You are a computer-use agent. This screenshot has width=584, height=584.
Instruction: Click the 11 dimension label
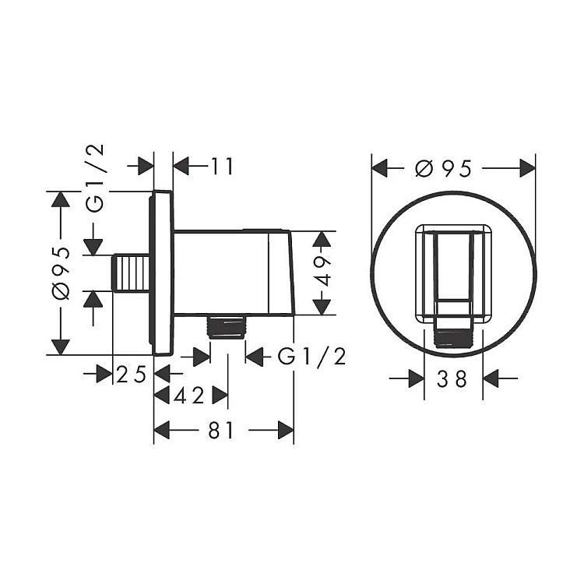pyautogui.click(x=222, y=166)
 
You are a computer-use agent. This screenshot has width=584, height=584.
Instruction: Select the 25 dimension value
pyautogui.click(x=131, y=374)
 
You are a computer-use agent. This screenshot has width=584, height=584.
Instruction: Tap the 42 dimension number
pyautogui.click(x=189, y=395)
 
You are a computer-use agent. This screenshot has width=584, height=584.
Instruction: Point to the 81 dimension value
pyautogui.click(x=221, y=431)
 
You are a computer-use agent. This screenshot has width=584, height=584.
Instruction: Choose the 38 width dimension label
pyautogui.click(x=452, y=379)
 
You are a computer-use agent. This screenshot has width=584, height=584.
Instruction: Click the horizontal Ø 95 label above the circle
pyautogui.click(x=444, y=168)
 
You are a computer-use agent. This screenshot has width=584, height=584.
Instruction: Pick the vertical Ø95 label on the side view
pyautogui.click(x=61, y=273)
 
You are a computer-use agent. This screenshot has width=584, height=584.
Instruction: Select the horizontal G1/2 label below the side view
pyautogui.click(x=311, y=357)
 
